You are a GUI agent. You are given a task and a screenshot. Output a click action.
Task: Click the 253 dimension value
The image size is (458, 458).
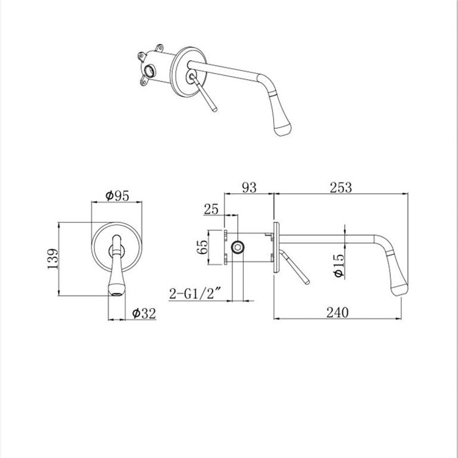(341, 188)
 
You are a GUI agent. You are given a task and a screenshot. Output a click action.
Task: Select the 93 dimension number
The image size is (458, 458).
(250, 188)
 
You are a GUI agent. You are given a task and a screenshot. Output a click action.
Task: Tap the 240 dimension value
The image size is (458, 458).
(337, 313)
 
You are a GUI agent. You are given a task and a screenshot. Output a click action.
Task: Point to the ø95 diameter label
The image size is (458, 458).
(117, 196)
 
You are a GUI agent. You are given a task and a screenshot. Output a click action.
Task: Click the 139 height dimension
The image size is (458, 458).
(53, 259)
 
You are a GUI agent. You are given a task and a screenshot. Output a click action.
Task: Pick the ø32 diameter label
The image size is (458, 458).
(144, 313)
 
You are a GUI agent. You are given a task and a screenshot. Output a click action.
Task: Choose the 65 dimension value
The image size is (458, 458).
(203, 247)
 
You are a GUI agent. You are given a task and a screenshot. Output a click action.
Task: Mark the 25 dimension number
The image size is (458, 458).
(211, 209)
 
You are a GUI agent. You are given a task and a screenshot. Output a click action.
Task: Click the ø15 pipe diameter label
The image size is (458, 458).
(338, 266)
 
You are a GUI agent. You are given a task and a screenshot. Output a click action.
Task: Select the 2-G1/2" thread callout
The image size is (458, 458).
(195, 294)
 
